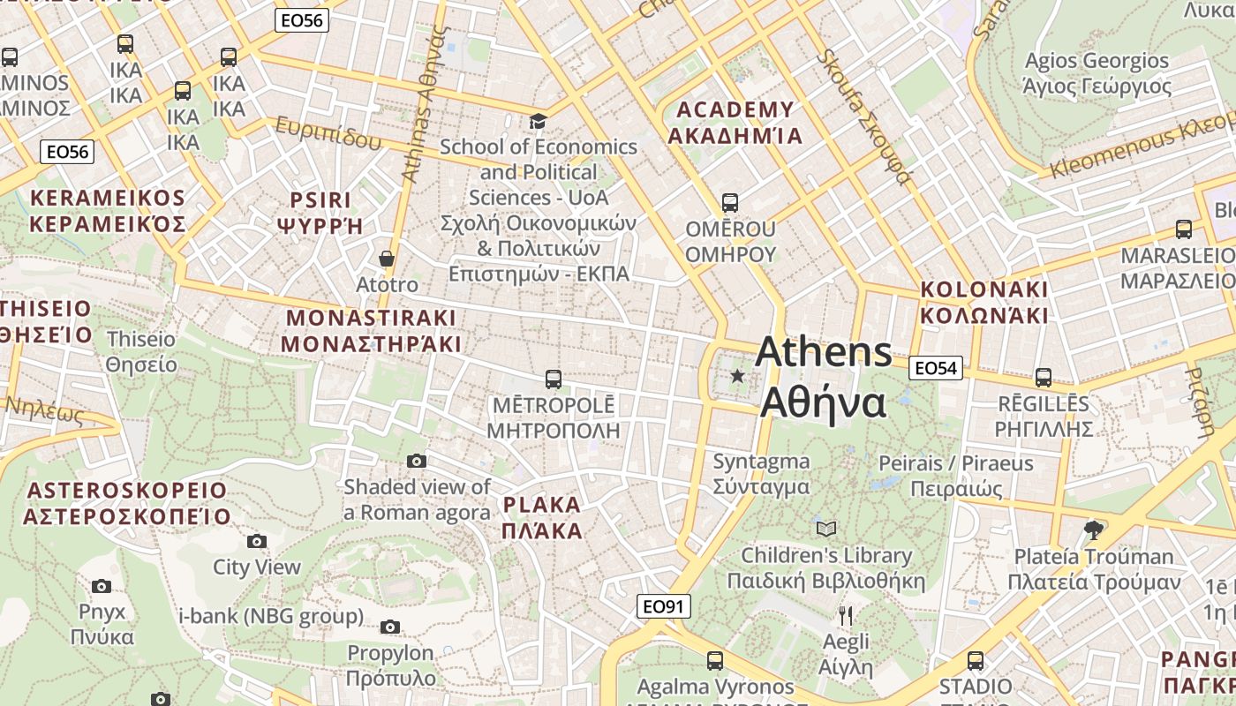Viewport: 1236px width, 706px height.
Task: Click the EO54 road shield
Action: [935, 368]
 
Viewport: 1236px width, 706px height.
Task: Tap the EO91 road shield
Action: [663, 606]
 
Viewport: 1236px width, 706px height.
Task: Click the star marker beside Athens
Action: [738, 377]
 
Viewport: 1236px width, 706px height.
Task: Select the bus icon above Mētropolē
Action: [554, 379]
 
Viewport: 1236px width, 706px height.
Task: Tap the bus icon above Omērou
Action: [730, 203]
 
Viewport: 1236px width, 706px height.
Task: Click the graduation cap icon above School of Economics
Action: [538, 121]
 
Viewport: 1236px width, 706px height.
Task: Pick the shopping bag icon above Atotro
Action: [387, 259]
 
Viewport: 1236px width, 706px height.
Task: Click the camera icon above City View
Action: [257, 541]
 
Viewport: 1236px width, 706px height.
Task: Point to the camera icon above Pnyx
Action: [102, 586]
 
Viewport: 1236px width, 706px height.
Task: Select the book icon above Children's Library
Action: [826, 529]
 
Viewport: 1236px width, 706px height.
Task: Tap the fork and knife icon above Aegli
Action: [846, 615]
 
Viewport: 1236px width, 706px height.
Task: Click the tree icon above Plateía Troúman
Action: [1094, 529]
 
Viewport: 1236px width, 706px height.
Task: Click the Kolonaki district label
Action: [984, 303]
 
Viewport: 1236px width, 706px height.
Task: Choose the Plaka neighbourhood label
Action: [542, 518]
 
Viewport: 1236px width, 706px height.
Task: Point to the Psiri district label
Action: [320, 213]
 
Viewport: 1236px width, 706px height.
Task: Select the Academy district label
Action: [735, 123]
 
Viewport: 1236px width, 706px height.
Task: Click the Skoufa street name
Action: [863, 116]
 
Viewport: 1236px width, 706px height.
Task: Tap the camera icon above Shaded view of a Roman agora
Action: [417, 461]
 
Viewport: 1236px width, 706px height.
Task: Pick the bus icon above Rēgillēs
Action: [1044, 378]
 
